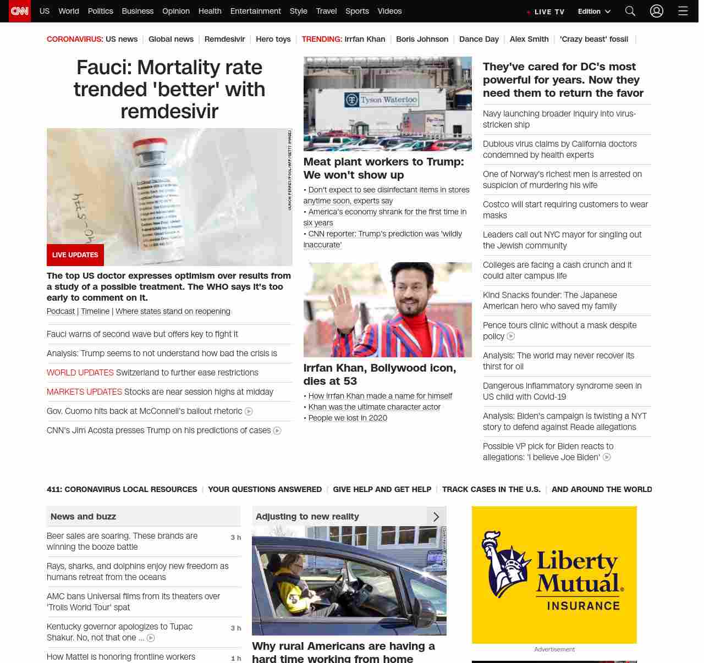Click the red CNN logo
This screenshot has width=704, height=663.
20,11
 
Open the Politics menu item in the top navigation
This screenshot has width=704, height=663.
100,11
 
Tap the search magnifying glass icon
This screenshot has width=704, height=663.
630,11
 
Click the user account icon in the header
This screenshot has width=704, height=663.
657,11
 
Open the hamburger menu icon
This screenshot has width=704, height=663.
683,11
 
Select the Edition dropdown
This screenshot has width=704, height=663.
594,12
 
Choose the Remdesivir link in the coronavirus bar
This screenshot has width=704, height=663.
224,39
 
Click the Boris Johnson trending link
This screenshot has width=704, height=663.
422,39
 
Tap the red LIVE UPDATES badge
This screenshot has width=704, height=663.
75,255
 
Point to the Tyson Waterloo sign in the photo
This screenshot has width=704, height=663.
382,100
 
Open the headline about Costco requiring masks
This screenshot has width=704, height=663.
565,209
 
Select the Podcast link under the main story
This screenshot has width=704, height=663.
61,311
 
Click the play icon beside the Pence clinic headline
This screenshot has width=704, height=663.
511,336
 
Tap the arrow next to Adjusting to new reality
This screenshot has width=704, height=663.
436,517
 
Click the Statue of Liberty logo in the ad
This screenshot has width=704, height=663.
504,563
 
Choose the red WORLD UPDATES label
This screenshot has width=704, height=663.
80,373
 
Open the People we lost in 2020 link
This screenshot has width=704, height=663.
348,418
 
